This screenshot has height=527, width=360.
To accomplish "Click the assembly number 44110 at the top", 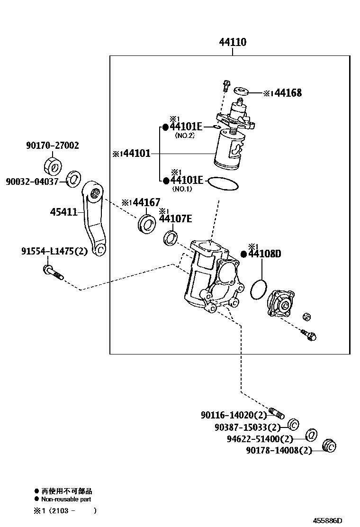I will click(232, 42).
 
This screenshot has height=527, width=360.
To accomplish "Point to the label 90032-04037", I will click(32, 181).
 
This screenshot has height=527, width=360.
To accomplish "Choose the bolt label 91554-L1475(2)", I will click(54, 251).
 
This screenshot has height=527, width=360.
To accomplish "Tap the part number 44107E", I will click(175, 218).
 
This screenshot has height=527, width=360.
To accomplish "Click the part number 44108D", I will click(265, 254).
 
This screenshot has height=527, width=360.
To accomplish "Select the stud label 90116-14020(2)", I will click(234, 415).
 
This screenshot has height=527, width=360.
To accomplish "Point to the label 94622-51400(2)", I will click(261, 439).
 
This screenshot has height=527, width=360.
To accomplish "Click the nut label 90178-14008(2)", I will click(279, 450).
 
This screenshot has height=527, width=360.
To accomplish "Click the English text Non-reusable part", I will click(66, 499).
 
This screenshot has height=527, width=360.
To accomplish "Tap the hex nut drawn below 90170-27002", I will click(53, 165).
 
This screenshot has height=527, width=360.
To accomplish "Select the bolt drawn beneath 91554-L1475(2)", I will click(52, 272).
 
